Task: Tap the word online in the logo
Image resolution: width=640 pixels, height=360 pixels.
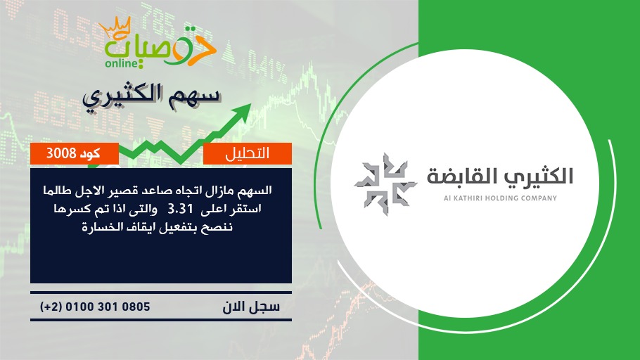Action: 121,63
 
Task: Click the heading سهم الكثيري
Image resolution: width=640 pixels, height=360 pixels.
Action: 151,98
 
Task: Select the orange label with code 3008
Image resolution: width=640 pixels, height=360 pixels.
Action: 75,153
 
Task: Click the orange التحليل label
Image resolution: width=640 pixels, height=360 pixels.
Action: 248,153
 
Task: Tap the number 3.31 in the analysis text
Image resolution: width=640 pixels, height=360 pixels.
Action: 180,210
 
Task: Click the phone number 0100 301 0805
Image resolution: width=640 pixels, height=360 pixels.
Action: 108,307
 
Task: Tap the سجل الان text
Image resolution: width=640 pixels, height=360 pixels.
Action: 251,307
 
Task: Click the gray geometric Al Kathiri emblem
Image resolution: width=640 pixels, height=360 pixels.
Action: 385,184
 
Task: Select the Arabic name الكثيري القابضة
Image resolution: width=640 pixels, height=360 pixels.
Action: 500,176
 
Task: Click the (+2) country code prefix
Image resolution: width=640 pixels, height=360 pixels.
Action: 51,307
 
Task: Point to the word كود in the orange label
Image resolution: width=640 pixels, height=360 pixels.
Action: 90,153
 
